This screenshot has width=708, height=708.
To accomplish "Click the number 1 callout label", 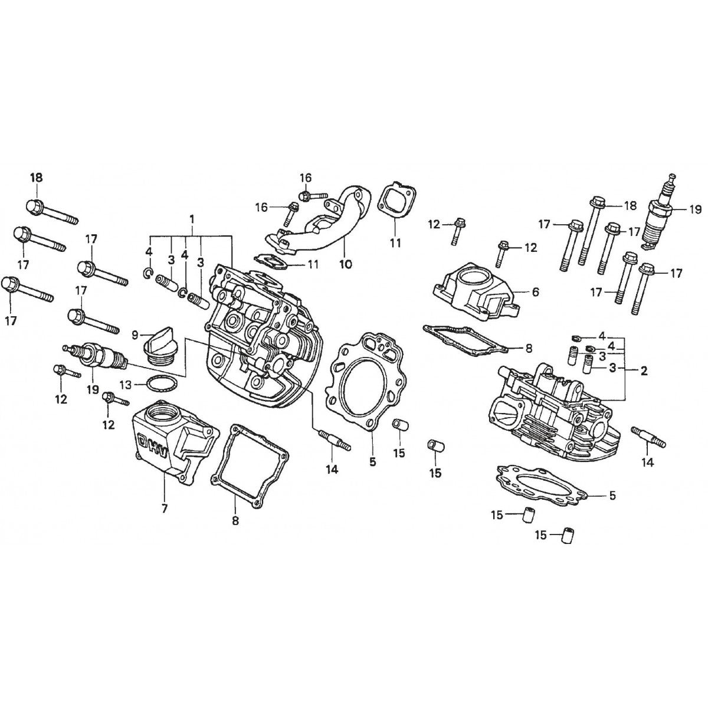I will [x=192, y=219].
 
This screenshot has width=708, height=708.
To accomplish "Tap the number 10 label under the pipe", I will [x=346, y=265].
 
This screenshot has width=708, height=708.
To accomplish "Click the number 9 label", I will [x=135, y=335].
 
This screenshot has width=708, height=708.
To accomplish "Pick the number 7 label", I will [x=164, y=508].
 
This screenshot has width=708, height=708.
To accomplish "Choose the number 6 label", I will [x=535, y=291].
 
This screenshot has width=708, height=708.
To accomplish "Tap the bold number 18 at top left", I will [x=37, y=178].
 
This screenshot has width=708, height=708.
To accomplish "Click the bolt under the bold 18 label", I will [x=50, y=211].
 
